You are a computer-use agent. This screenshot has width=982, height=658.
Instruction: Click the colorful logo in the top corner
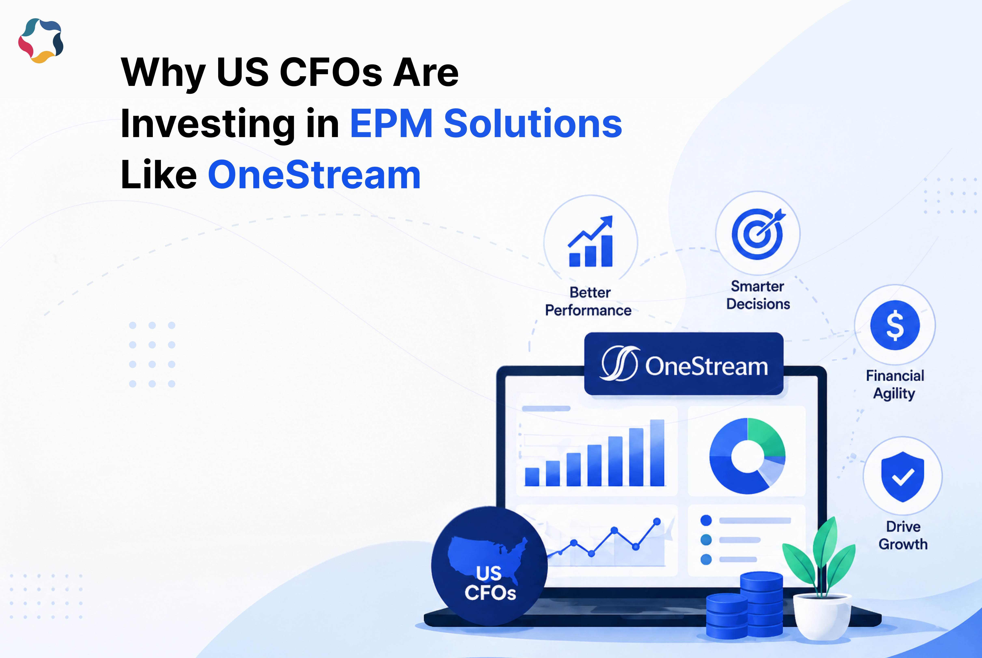pyautogui.click(x=41, y=41)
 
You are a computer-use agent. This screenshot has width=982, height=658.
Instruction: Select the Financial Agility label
pyautogui.click(x=895, y=384)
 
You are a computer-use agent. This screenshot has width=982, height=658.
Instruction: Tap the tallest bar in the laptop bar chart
pyautogui.click(x=657, y=453)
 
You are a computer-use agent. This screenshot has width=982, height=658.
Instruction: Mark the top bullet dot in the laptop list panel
pyautogui.click(x=706, y=520)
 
